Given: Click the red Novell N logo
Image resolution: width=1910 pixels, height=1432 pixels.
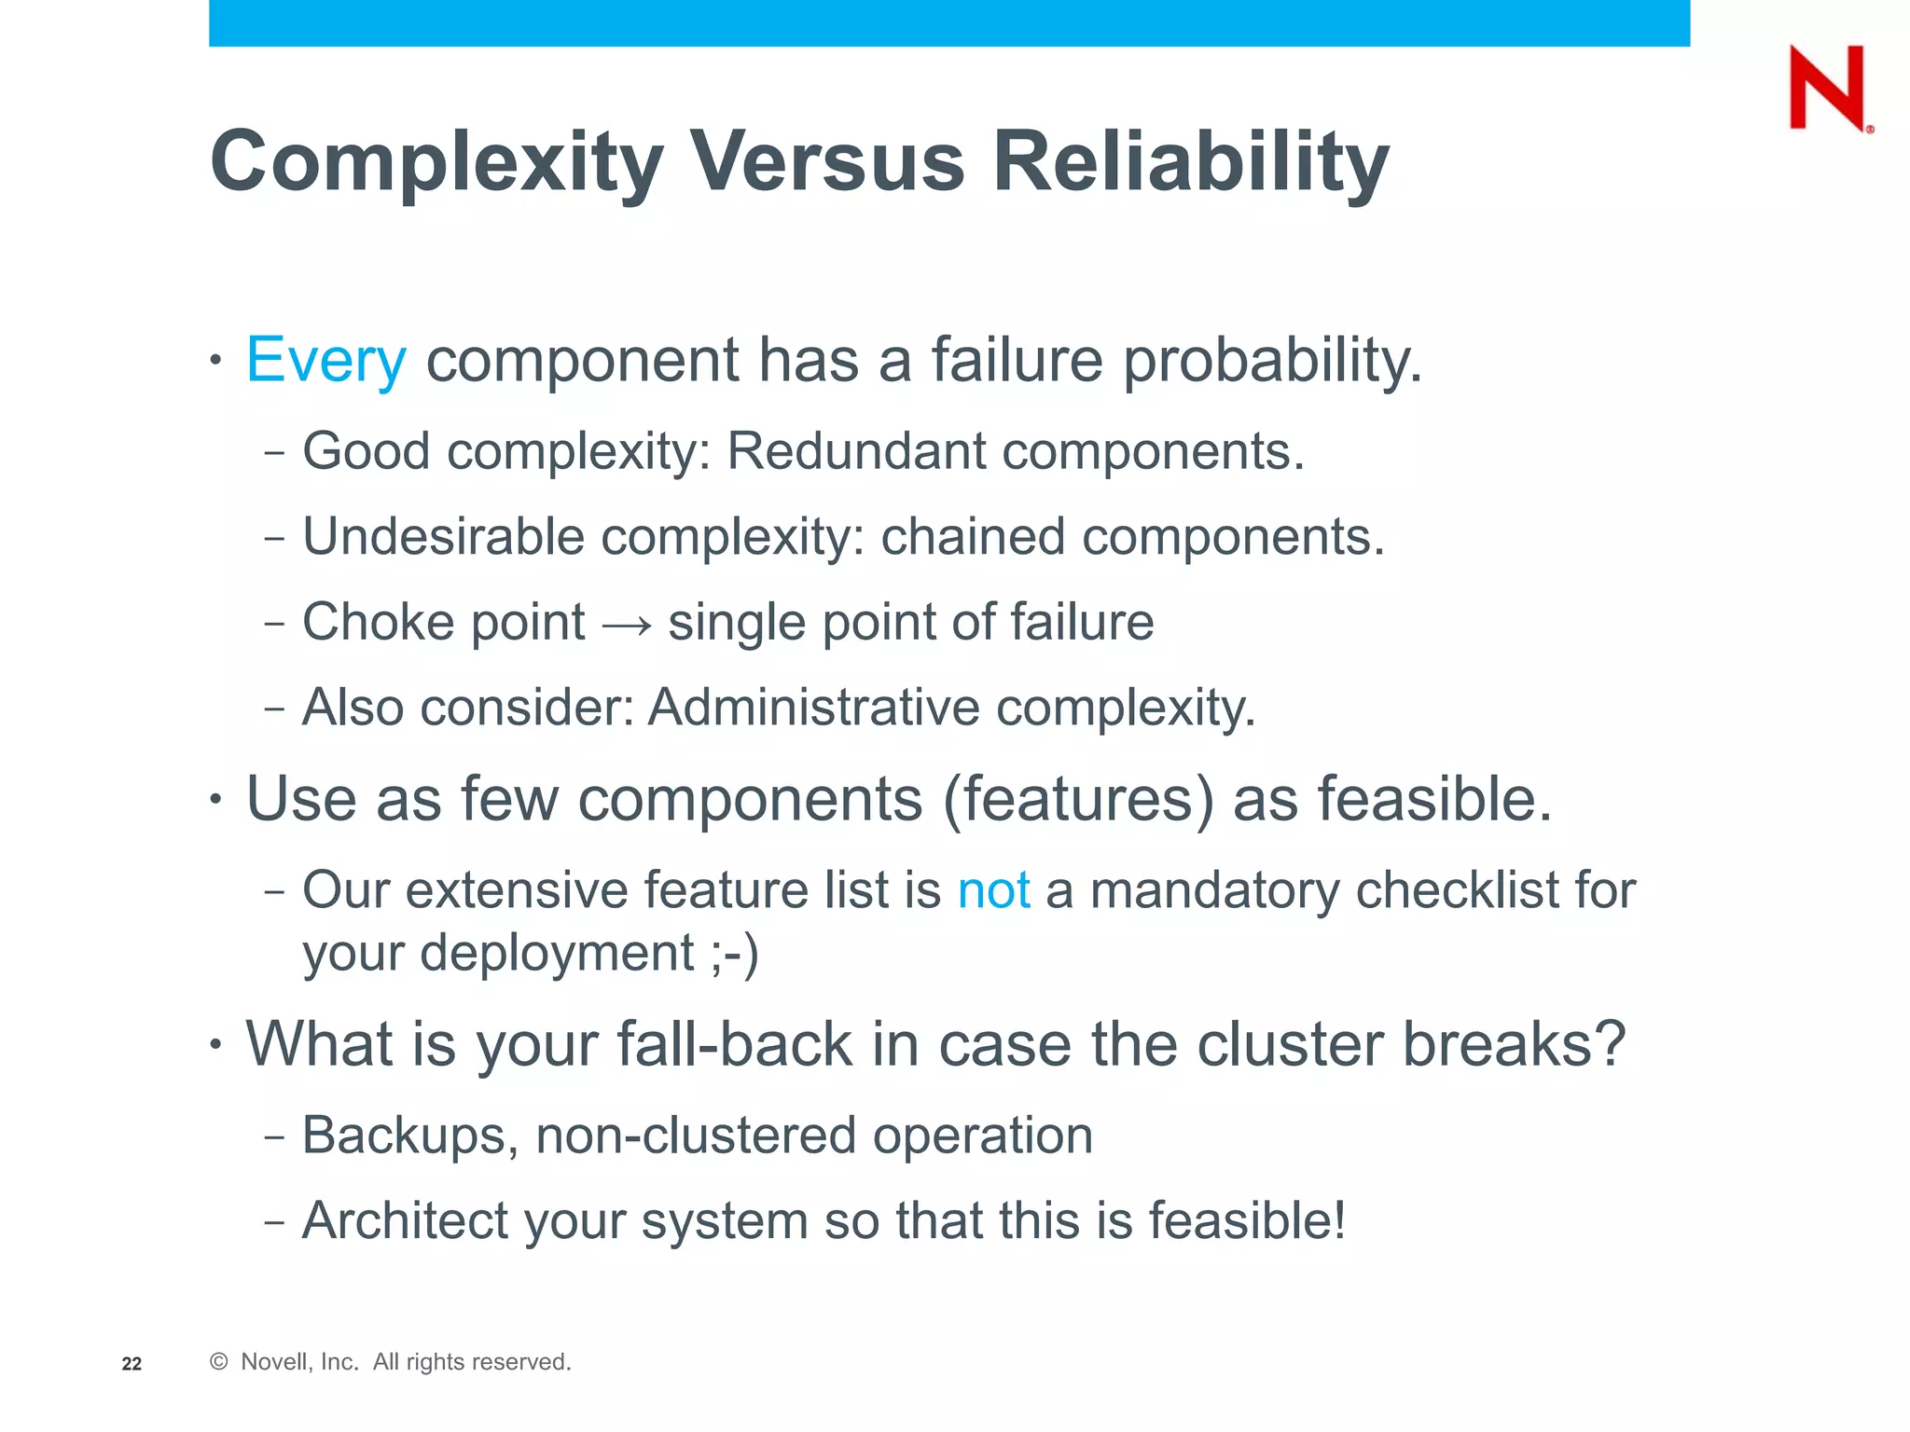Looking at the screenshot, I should tap(1827, 89).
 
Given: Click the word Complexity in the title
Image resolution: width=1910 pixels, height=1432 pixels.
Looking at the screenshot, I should tap(436, 162).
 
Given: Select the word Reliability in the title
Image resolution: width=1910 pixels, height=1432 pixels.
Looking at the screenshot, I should tap(1190, 162).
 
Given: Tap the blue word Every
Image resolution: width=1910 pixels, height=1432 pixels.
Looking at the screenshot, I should tap(325, 361).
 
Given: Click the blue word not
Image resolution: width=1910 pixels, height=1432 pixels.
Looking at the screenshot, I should tap(993, 890).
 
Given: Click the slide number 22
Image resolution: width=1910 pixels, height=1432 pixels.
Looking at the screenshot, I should tap(131, 1364).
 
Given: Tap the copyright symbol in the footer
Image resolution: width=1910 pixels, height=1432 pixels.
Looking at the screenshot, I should tap(219, 1362).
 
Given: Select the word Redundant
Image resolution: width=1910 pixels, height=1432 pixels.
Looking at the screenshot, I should tap(855, 452).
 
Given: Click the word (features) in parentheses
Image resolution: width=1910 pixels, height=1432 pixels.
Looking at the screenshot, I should tap(1078, 801).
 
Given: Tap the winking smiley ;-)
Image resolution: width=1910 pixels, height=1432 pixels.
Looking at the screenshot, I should tap(735, 954).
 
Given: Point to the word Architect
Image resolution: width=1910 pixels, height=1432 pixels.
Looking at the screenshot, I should tap(405, 1221).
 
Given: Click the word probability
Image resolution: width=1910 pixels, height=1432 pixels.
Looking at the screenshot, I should tap(1272, 361).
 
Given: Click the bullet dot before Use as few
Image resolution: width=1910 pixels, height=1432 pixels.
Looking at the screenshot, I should tap(216, 799).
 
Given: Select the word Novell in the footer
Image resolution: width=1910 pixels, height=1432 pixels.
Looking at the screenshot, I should tap(273, 1362).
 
